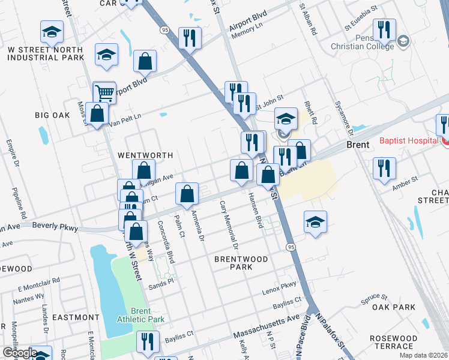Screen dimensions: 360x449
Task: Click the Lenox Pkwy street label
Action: tap(279, 287)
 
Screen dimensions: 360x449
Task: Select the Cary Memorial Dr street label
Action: tap(229, 225)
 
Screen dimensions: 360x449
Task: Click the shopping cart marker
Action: tap(104, 93)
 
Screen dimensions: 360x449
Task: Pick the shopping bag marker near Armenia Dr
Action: tap(187, 194)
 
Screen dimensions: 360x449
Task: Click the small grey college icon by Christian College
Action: tap(403, 41)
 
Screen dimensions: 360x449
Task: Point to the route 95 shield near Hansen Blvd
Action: tap(291, 247)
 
